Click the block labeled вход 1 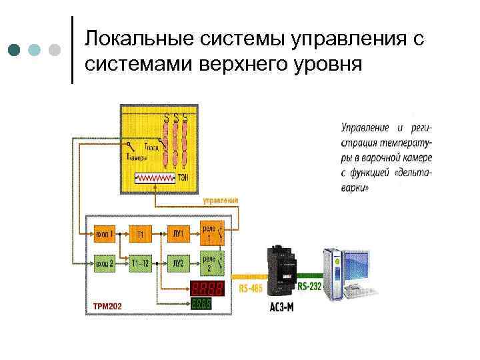click(104, 234)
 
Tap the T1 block click(141, 234)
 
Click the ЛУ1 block click(178, 234)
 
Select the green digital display click(202, 304)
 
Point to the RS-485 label click(250, 288)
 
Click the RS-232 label click(308, 287)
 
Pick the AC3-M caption click(281, 309)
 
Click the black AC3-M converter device click(281, 269)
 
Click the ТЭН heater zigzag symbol click(155, 179)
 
